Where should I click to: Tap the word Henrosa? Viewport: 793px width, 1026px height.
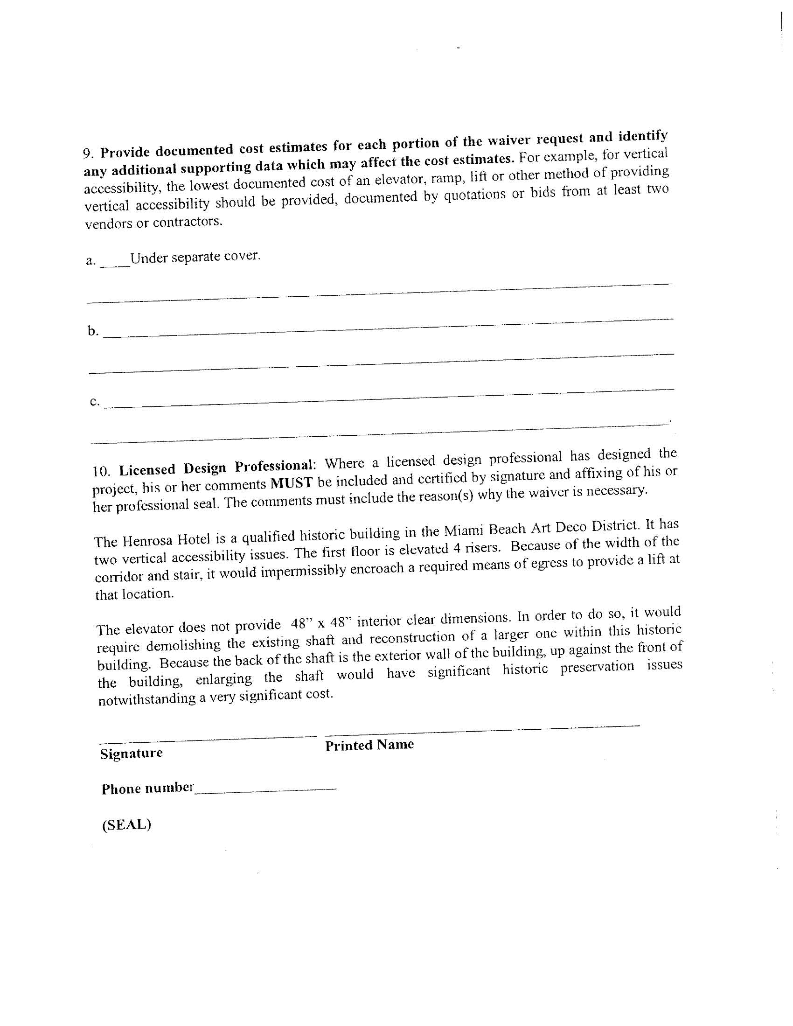pyautogui.click(x=149, y=540)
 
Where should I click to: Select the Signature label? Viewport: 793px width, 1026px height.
pyautogui.click(x=131, y=753)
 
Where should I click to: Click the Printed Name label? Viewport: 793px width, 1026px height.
pyautogui.click(x=369, y=745)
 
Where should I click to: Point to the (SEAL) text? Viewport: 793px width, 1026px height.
pyautogui.click(x=126, y=824)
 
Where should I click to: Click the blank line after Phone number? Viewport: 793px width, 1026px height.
pyautogui.click(x=265, y=791)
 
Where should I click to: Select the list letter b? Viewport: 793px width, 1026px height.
pyautogui.click(x=92, y=331)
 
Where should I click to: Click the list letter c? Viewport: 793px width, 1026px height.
pyautogui.click(x=94, y=402)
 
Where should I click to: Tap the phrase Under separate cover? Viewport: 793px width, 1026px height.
pyautogui.click(x=195, y=257)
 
